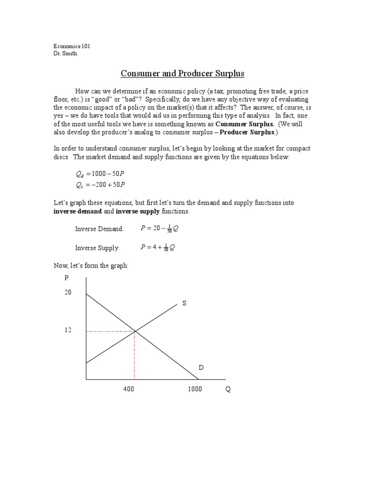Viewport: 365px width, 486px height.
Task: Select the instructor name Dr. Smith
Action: click(x=65, y=54)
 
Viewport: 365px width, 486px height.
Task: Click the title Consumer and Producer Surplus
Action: click(x=182, y=74)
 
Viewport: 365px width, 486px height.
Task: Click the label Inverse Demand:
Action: click(x=99, y=229)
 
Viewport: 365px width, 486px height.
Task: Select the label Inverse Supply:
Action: click(x=97, y=248)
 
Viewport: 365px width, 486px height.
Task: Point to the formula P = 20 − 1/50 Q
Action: click(x=160, y=228)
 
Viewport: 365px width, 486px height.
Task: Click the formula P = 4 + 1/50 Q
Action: click(x=158, y=247)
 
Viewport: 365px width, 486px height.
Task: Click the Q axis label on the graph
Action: click(x=228, y=389)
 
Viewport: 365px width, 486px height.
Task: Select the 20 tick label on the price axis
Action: click(x=68, y=293)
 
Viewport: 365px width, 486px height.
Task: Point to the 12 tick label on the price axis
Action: click(x=68, y=330)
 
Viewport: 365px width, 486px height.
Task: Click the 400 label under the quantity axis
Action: click(x=128, y=389)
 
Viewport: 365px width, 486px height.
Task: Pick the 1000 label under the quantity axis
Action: click(x=194, y=389)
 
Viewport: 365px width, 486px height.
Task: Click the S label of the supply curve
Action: click(x=184, y=303)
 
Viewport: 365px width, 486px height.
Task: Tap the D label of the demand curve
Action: click(x=201, y=368)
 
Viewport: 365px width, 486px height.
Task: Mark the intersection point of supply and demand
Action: click(x=134, y=331)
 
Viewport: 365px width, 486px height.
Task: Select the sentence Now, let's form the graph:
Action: click(x=90, y=266)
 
